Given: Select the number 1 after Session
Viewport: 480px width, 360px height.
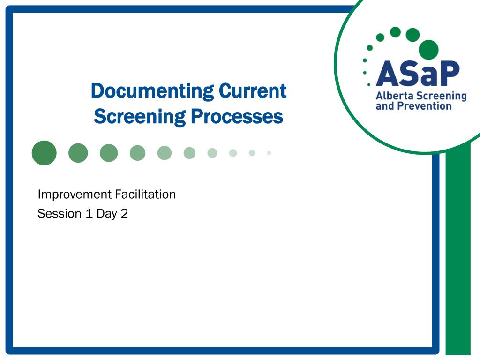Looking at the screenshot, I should [88, 214].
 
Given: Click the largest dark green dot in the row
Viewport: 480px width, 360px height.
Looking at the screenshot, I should [44, 153].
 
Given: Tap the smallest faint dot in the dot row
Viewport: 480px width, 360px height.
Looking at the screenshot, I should [269, 153].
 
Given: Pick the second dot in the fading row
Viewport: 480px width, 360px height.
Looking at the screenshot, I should [78, 153].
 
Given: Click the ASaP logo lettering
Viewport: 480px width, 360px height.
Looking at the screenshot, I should [417, 74].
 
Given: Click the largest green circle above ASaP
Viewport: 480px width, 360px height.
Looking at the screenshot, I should [428, 50].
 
